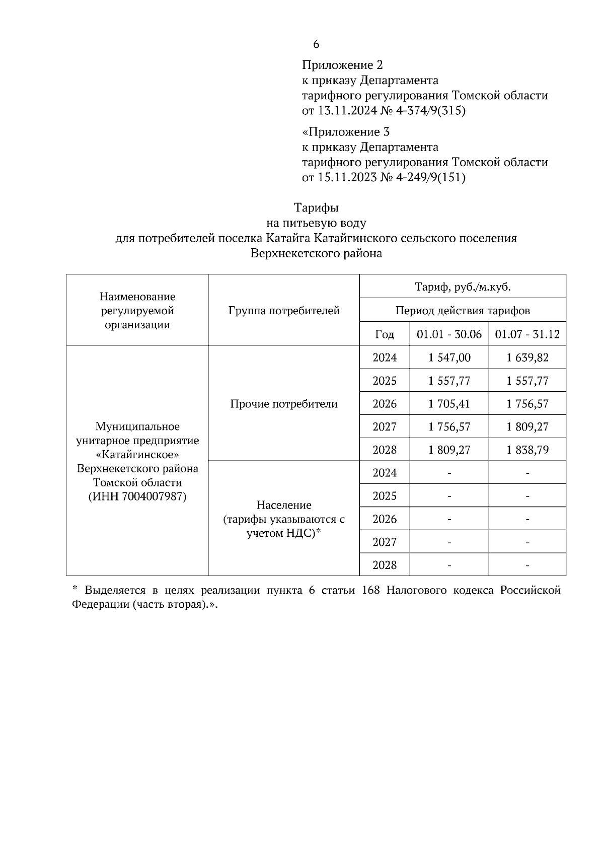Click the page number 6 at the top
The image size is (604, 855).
pos(316,44)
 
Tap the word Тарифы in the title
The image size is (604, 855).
pos(316,207)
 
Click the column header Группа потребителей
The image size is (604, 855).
pos(284,310)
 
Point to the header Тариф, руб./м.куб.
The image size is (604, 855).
pos(463,287)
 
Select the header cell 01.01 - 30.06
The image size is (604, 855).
pos(449,334)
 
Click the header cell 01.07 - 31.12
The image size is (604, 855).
pos(527,334)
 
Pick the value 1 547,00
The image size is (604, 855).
pos(449,358)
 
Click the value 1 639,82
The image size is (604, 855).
pos(527,358)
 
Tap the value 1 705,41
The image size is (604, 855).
pos(449,404)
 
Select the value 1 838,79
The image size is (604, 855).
pos(527,450)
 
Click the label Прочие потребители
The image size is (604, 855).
pos(284,404)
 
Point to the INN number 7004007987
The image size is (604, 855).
pos(154,496)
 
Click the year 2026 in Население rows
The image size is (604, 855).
pos(385,519)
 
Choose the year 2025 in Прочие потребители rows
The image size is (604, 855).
pos(385,381)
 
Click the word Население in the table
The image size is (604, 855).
pos(284,505)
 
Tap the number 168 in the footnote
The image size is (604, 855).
pos(370,590)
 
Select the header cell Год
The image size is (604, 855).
pos(385,334)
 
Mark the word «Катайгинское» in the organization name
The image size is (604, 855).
pos(137,455)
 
